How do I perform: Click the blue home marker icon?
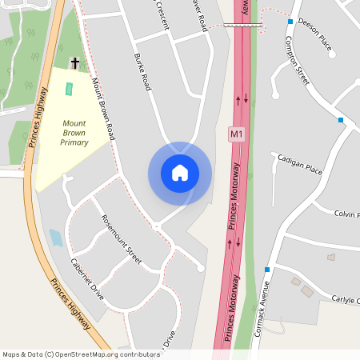pos(180,173)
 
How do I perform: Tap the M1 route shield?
pos(236,134)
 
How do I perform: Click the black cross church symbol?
pos(75,62)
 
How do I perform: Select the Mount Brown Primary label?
pos(74,132)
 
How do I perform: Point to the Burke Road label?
pos(143,73)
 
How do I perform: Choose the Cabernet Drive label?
pos(87,278)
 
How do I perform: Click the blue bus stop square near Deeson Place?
pos(290,22)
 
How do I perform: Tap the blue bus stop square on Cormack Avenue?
pos(267,270)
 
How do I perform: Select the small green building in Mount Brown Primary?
pos(68,89)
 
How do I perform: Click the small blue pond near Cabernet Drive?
pos(56,238)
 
